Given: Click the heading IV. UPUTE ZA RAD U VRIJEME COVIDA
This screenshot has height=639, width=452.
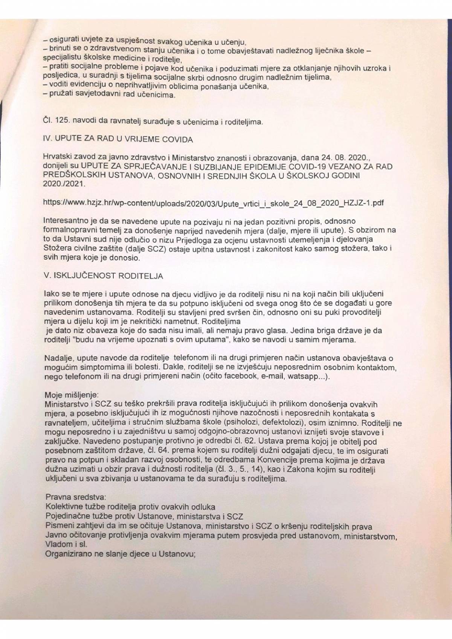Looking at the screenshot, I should click(x=118, y=139).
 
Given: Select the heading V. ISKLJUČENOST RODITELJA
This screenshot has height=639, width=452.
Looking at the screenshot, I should click(x=103, y=276).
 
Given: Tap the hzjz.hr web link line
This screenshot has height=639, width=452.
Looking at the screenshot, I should click(x=214, y=203).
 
